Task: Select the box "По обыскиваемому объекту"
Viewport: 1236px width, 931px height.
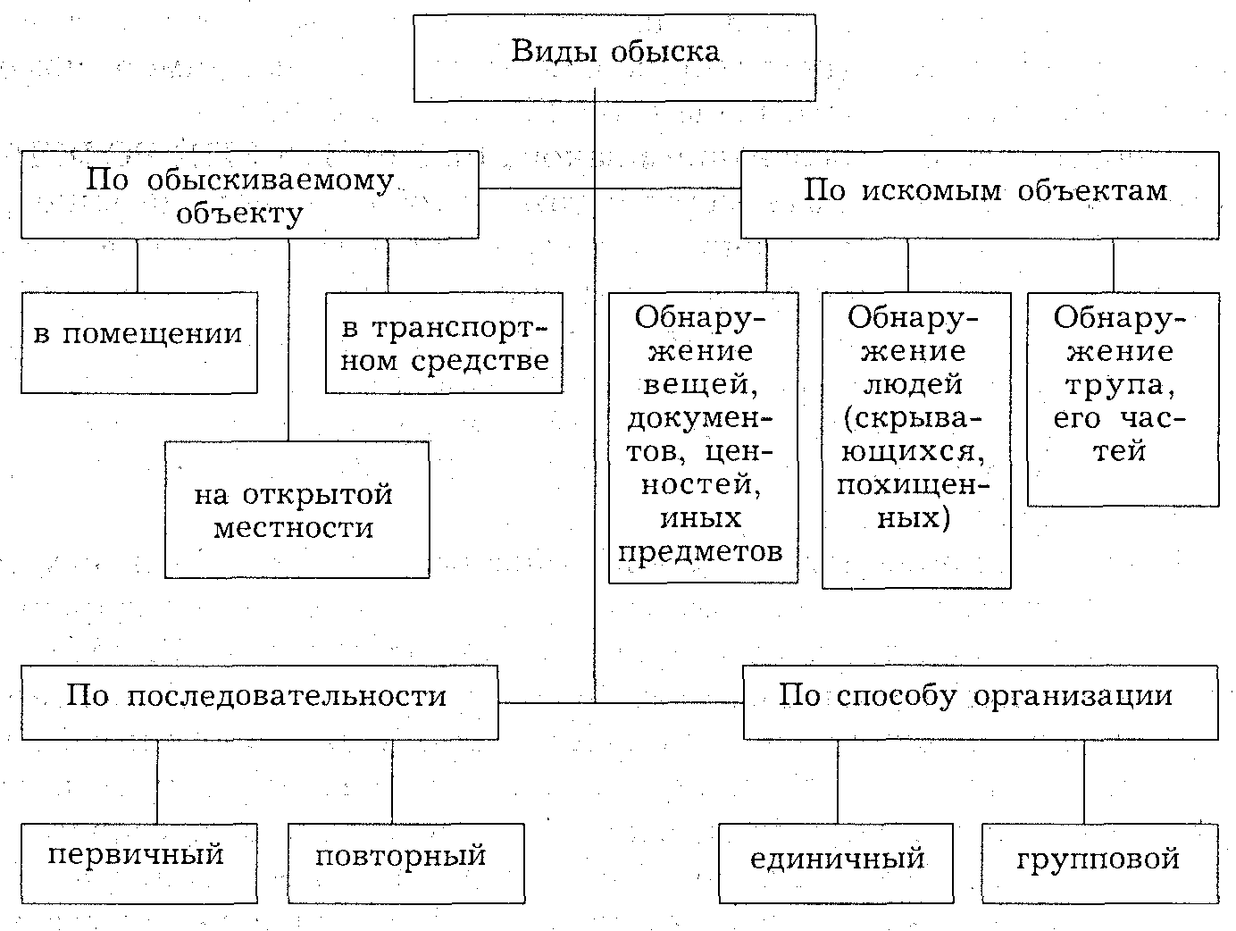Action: (x=249, y=196)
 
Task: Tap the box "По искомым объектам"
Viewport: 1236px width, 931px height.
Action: (x=980, y=193)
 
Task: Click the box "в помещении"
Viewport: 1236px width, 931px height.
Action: (x=138, y=342)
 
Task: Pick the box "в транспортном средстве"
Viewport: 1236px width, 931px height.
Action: (x=444, y=343)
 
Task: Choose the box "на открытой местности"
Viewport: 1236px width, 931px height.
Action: (x=296, y=509)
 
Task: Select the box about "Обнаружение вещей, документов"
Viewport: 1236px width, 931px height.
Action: (x=703, y=437)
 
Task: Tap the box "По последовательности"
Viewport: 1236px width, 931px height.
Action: (x=259, y=701)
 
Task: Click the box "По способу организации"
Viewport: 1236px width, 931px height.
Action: (x=980, y=701)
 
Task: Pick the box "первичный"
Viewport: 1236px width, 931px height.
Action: (x=138, y=861)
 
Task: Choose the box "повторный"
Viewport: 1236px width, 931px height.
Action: (x=405, y=861)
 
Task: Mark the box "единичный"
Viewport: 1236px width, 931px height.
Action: (x=838, y=863)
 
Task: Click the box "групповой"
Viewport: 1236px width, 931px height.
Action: (x=1099, y=863)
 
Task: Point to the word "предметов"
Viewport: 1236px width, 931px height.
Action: (x=700, y=551)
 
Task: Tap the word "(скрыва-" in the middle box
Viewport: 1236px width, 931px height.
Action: (x=914, y=418)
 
